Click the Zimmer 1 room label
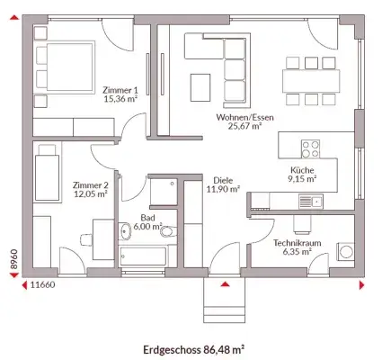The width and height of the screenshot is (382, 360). coord(121,94)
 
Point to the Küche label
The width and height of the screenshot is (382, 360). coord(302,173)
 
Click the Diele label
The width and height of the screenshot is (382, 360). coord(223,184)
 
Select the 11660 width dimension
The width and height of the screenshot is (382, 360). coord(43,284)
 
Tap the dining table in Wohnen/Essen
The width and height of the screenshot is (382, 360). coord(312,79)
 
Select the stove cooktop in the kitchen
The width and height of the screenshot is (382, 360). coord(311,146)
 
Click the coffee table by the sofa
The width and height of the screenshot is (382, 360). coord(200,87)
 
